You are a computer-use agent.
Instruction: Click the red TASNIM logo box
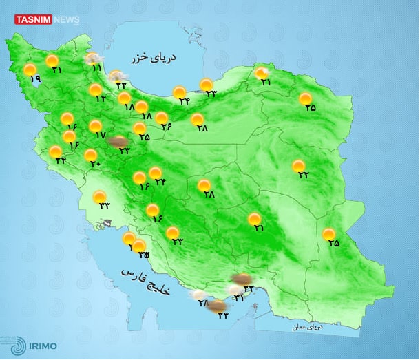tap(33, 20)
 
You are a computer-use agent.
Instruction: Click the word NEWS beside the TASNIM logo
tap(66, 20)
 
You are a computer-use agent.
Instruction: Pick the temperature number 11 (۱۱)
tap(96, 69)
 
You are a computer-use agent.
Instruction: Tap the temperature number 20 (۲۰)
tap(94, 164)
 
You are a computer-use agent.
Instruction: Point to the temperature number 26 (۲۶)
tap(166, 126)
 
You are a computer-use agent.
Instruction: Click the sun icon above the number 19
tap(30, 70)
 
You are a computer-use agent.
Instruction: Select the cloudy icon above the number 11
tap(92, 59)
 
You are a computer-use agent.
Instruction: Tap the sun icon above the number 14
tap(95, 89)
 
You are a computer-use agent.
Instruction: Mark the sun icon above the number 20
tap(90, 155)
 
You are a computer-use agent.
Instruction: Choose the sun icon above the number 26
tap(162, 117)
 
